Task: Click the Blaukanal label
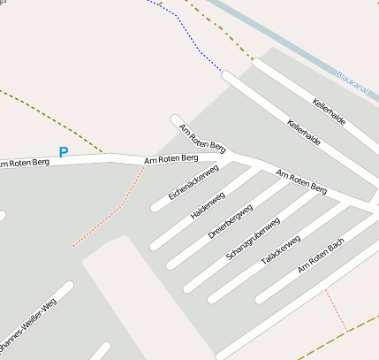[x=353, y=81]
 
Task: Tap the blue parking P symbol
[x=63, y=152]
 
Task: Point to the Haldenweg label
[x=208, y=204]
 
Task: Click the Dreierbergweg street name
[x=231, y=221]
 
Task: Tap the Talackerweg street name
[x=281, y=250]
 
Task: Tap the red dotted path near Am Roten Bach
[x=336, y=310]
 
